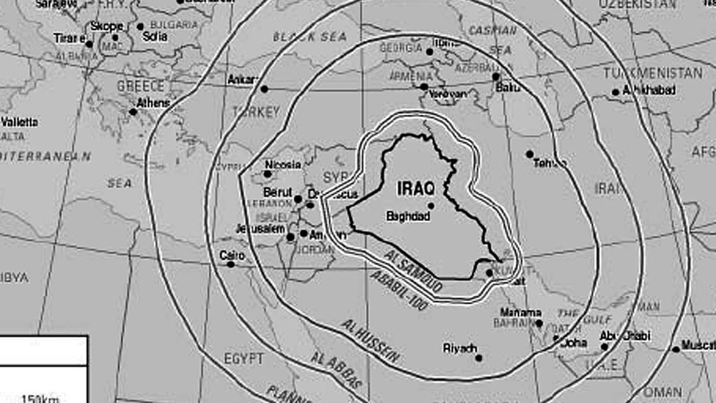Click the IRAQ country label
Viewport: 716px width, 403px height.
point(416,189)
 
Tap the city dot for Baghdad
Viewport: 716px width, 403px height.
point(431,206)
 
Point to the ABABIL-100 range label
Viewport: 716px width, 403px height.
point(398,290)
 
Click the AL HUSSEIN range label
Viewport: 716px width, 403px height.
point(370,341)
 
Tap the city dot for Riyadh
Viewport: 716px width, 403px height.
point(479,357)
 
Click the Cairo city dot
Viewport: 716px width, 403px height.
point(230,264)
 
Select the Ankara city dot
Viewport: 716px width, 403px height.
point(263,89)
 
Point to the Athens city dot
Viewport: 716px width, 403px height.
point(133,112)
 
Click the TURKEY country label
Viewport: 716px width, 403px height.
point(256,112)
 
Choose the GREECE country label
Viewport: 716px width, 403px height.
point(141,86)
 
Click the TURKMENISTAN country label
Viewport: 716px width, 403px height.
point(652,73)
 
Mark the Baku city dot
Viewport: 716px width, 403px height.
point(496,76)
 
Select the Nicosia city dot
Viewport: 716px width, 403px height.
point(268,174)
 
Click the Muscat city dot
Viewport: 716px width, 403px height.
point(676,349)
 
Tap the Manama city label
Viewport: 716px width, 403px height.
point(521,312)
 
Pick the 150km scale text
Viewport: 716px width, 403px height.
point(40,398)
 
